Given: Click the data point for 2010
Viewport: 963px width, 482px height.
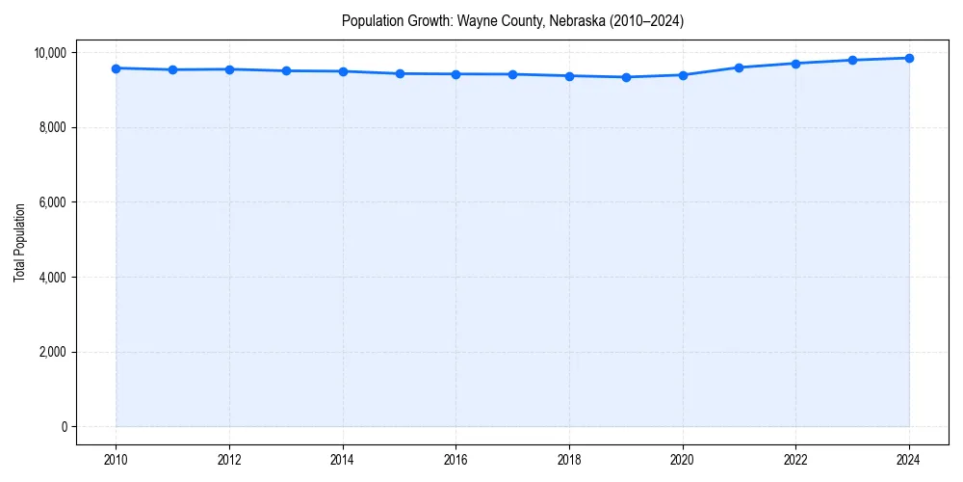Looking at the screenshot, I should [116, 68].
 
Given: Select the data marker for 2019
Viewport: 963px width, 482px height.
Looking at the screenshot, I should [626, 77].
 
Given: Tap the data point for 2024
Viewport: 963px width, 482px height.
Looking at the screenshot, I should [909, 58].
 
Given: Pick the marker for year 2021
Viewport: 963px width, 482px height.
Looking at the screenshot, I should [740, 67].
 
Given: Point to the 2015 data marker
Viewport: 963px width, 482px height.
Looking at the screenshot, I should [400, 73].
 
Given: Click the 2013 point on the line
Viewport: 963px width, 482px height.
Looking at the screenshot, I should [286, 70].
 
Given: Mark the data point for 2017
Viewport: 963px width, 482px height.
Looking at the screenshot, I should [512, 74].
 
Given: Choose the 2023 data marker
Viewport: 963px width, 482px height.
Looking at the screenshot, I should [852, 60].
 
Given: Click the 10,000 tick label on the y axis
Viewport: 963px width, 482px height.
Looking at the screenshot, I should [51, 52].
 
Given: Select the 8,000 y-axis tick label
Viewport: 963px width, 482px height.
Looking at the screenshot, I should [54, 127].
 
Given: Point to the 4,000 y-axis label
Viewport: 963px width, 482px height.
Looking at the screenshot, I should [54, 278].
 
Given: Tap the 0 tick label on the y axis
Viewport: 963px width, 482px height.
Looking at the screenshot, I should [64, 427].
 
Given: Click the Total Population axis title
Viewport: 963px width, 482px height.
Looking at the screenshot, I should [19, 242].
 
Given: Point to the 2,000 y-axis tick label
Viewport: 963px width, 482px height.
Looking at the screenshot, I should [54, 352].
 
